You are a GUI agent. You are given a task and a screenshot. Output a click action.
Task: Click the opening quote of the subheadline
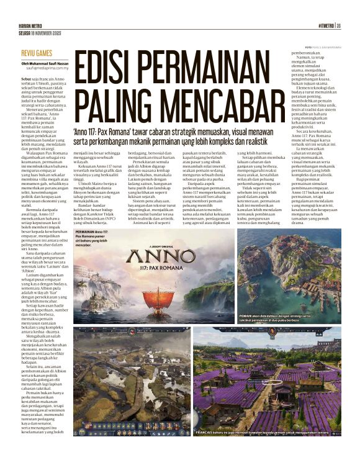(x=74, y=132)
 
